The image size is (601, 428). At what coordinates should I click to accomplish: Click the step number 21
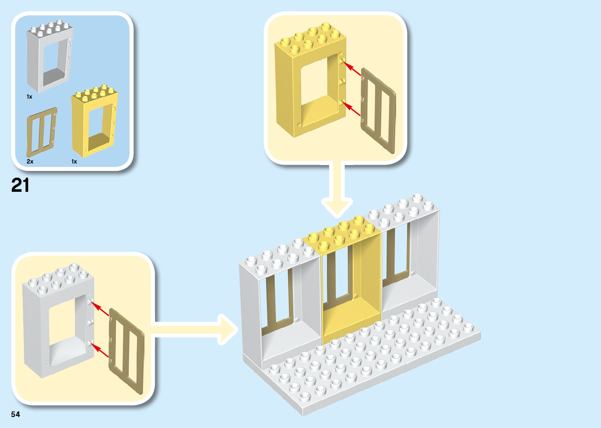20,185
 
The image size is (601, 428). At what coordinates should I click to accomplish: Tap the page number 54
15,414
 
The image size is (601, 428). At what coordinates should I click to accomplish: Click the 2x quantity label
30,162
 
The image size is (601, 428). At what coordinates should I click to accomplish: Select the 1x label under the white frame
29,97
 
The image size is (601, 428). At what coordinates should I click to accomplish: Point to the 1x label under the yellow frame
74,162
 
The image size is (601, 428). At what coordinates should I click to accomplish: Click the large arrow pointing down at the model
337,193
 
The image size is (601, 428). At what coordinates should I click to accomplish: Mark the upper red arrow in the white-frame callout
100,309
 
